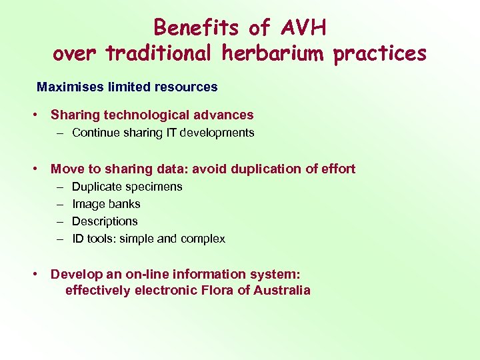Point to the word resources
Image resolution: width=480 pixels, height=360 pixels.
pos(188,87)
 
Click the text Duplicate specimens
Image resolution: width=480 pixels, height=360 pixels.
pos(127,187)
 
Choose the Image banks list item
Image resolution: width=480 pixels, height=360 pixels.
pos(106,204)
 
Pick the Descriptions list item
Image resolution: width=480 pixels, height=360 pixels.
pos(105,221)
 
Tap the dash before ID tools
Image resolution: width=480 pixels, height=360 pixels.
pos(59,239)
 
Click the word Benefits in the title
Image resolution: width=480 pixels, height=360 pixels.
pos(196,27)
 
